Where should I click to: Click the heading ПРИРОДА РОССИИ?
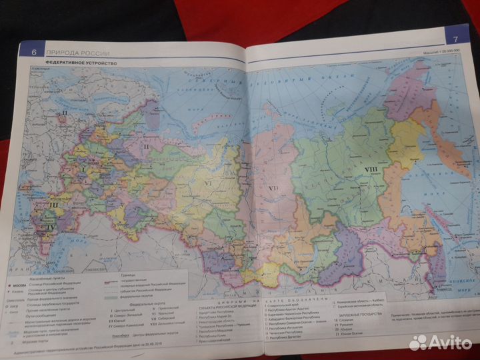(72, 53)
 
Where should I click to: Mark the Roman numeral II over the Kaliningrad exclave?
(63, 114)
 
